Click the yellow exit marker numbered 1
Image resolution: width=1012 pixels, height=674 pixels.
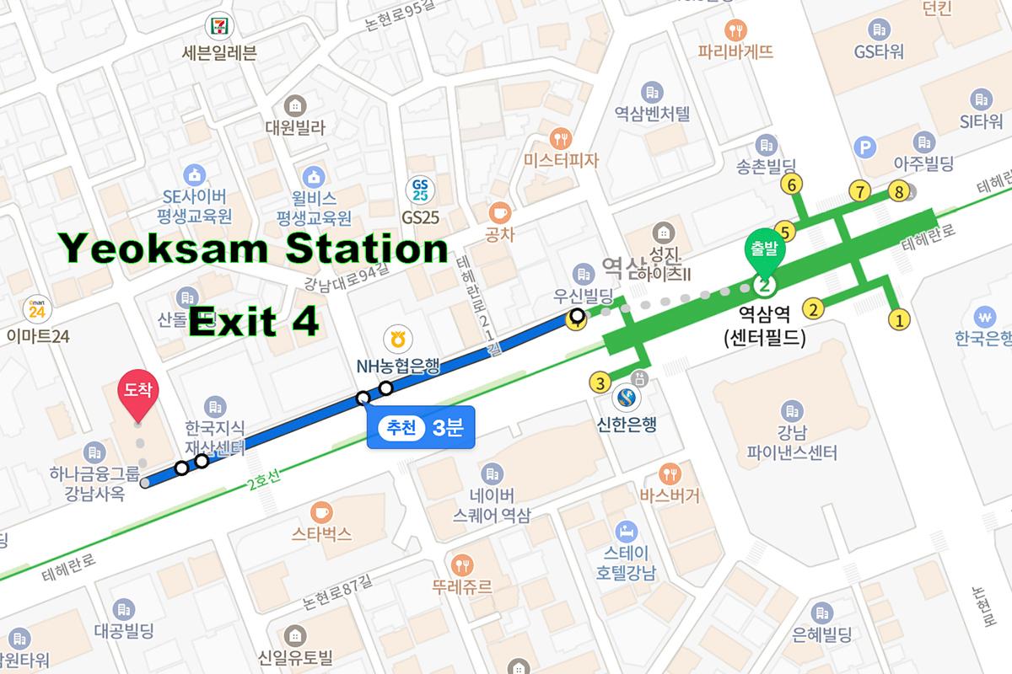[x=900, y=319]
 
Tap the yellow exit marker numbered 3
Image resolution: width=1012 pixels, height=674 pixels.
[x=600, y=382]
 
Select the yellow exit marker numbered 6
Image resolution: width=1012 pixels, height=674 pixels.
[x=791, y=183]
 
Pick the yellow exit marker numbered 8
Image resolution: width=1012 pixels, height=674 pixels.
[x=900, y=192]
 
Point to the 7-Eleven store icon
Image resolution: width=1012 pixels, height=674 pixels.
[x=219, y=25]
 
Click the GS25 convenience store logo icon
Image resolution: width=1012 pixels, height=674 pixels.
[x=420, y=188]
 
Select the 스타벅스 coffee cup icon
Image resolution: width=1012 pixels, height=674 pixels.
[x=321, y=511]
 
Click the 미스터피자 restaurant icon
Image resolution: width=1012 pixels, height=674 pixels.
[x=559, y=136]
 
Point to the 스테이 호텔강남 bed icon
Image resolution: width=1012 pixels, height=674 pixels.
[x=625, y=532]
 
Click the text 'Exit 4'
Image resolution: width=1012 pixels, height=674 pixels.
[x=253, y=321]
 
